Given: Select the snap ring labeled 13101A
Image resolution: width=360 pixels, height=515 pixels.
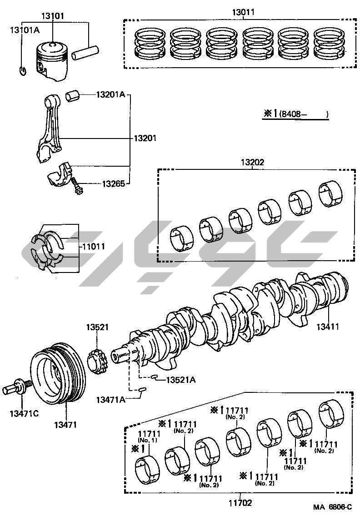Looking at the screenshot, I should coord(23,70).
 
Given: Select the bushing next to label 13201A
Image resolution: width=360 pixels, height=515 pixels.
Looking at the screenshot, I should coord(73,96).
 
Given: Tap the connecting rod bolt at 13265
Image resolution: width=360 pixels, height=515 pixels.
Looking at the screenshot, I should coord(77,186).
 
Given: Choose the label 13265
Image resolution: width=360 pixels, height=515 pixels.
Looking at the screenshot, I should coord(113,184).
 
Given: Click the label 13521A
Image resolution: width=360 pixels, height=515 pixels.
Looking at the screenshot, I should coord(180,380).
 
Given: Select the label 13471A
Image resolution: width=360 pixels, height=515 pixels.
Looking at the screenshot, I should coord(110,399).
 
